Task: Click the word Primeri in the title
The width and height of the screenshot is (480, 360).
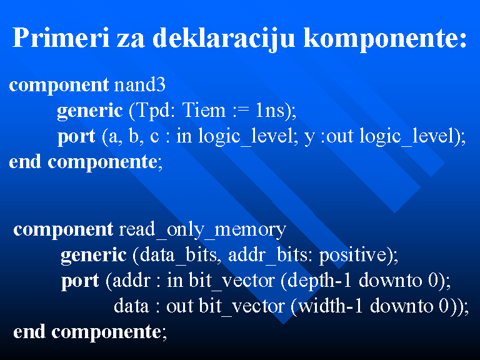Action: tap(61, 37)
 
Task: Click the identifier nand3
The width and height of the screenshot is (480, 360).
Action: tap(139, 84)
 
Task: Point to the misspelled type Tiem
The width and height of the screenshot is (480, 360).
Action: tap(204, 109)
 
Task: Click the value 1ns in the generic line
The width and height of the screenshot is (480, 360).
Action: tap(270, 110)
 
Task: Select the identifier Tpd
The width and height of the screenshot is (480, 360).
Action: tap(151, 111)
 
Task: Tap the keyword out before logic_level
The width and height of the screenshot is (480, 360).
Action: tap(339, 136)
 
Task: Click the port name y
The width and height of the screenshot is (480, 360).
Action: tap(309, 138)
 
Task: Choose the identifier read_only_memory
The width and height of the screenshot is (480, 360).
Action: tap(202, 229)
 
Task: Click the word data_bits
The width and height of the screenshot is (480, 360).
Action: tap(178, 255)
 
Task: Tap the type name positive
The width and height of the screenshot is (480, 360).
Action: tap(353, 256)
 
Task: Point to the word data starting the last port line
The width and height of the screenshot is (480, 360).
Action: tap(131, 306)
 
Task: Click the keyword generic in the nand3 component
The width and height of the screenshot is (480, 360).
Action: tap(90, 111)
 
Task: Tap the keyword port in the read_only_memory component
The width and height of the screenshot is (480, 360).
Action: tap(80, 282)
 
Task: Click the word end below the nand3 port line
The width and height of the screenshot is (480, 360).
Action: tap(25, 161)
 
